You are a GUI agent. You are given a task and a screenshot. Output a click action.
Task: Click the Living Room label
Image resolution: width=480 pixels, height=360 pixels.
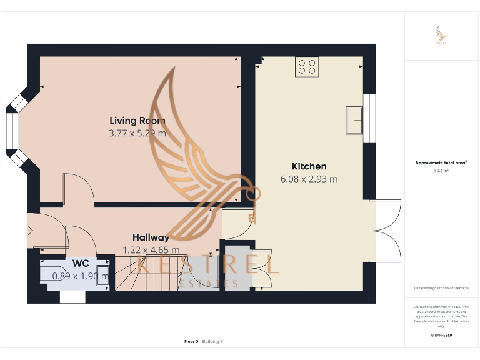click(137, 121)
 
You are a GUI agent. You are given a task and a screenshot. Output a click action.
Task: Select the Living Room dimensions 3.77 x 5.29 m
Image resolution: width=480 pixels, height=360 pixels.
click(137, 133)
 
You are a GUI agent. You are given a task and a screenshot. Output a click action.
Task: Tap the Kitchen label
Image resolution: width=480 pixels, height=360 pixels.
click(309, 166)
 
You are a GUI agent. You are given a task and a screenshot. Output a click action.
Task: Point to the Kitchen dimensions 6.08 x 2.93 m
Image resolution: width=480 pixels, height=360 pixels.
click(309, 179)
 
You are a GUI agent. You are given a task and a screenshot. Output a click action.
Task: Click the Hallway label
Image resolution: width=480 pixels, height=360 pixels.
click(151, 237)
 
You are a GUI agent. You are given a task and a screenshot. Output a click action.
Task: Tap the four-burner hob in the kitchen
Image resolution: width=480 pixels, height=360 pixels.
click(307, 66)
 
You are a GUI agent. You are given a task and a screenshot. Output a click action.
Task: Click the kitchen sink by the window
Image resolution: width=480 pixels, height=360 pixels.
click(354, 119)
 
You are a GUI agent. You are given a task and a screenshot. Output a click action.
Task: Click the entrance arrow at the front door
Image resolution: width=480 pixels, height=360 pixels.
click(29, 231)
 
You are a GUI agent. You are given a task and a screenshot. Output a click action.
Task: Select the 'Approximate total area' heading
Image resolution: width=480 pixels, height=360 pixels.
click(441, 162)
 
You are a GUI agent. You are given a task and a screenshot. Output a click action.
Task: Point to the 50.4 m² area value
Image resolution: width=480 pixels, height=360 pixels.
click(441, 170)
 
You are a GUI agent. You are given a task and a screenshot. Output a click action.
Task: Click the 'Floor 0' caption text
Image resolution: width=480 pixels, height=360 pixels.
click(191, 341)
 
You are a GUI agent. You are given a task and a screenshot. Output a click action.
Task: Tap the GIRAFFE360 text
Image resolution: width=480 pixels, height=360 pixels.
click(441, 336)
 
